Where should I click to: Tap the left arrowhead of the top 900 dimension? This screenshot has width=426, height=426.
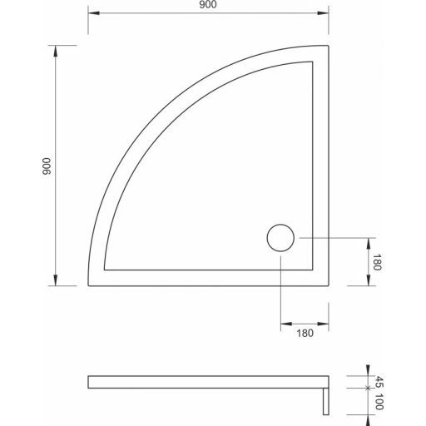pyautogui.click(x=92, y=14)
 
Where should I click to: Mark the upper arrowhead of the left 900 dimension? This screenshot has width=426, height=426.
pyautogui.click(x=56, y=50)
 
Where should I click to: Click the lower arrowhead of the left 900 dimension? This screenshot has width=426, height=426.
pyautogui.click(x=56, y=283)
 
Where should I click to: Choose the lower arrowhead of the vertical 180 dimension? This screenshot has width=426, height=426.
pyautogui.click(x=369, y=284)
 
